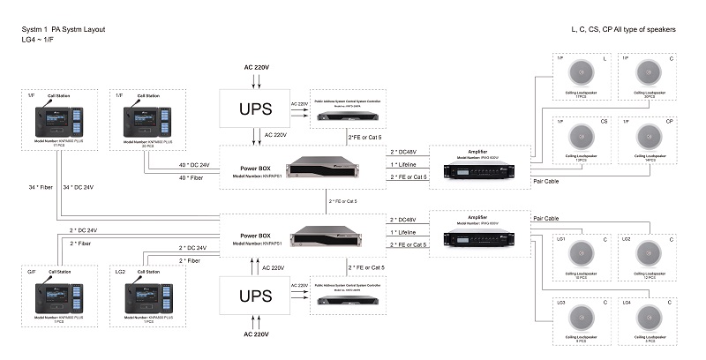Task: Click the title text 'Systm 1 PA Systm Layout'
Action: tap(64, 29)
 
